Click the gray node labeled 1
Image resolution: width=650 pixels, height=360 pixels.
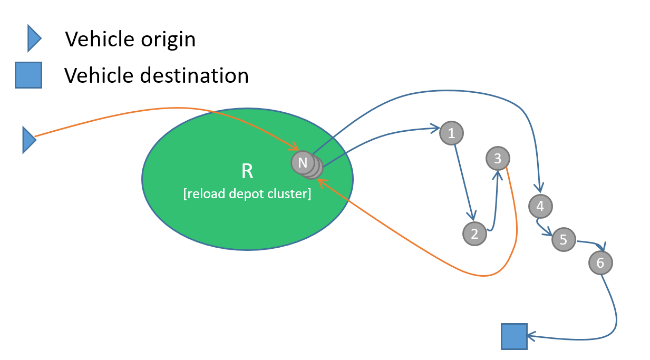(451, 133)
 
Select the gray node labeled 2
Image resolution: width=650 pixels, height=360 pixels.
(474, 233)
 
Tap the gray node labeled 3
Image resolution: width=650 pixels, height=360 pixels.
(498, 158)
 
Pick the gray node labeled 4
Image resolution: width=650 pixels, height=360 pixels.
(540, 206)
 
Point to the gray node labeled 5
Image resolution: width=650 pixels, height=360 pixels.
(564, 240)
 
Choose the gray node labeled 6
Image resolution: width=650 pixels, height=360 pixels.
(600, 262)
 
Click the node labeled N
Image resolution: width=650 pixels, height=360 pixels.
(303, 162)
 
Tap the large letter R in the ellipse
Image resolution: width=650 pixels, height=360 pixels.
(247, 171)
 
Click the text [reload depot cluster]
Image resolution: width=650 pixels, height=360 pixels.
(247, 193)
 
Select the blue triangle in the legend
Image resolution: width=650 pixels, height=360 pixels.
(33, 39)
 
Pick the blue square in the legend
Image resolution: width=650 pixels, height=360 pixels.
(28, 75)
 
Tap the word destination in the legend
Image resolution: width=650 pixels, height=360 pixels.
(194, 75)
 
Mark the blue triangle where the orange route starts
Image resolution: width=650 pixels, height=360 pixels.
(28, 140)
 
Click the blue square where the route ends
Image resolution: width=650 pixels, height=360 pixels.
(513, 336)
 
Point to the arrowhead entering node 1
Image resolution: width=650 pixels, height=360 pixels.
(435, 128)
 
